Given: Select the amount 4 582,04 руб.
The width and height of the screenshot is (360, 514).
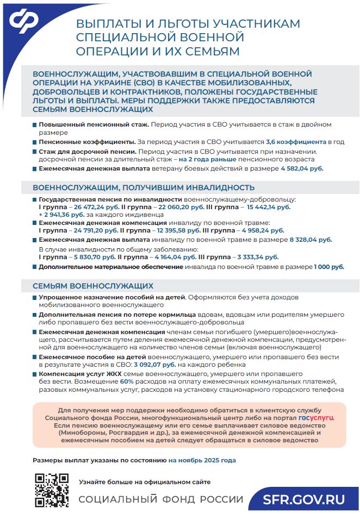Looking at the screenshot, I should tap(302, 168).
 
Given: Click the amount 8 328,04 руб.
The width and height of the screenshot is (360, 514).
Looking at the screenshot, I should tap(311, 239).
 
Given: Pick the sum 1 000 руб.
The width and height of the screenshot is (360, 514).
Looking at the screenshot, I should tap(328, 267).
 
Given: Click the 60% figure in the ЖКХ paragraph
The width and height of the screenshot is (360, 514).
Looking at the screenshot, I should tap(126, 382).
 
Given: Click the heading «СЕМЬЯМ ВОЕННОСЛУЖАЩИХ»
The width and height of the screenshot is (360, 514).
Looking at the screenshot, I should tap(93, 286).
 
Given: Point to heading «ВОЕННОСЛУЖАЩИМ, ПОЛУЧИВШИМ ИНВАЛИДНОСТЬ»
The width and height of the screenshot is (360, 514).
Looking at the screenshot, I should tap(140, 188).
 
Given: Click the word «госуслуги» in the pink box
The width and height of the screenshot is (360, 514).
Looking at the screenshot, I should tap(316, 418).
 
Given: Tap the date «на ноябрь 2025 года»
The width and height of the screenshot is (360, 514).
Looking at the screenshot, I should tap(202, 460).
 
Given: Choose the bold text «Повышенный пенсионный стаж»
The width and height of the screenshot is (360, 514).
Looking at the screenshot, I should tap(94, 124).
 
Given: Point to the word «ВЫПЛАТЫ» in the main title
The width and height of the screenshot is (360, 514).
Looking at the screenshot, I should tap(108, 24).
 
